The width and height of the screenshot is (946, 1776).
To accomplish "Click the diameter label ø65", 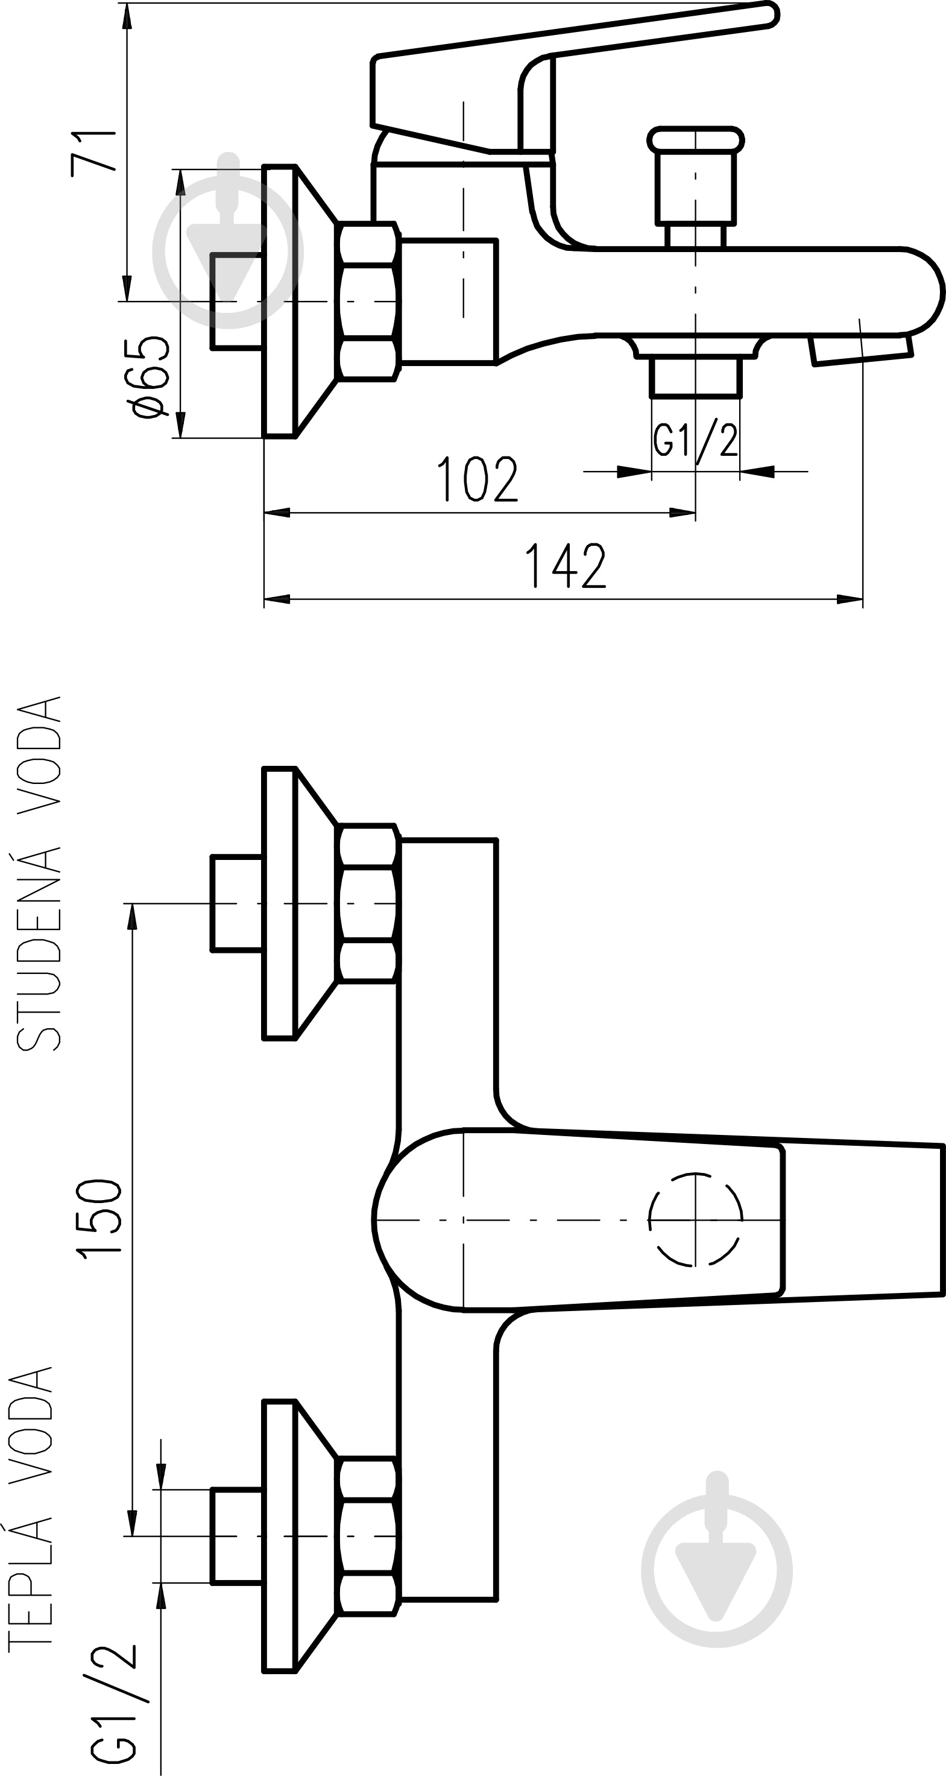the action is (x=149, y=377).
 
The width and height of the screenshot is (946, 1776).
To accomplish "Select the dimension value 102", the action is (x=477, y=478).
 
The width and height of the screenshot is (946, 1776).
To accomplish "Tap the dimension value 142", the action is (x=566, y=565).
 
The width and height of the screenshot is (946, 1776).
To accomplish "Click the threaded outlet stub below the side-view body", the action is (x=696, y=376).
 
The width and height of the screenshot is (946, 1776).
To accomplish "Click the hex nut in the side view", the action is (x=369, y=302).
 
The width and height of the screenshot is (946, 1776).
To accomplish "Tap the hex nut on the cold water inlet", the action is (x=369, y=903).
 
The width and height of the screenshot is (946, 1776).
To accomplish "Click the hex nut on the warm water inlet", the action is (x=369, y=1536).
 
